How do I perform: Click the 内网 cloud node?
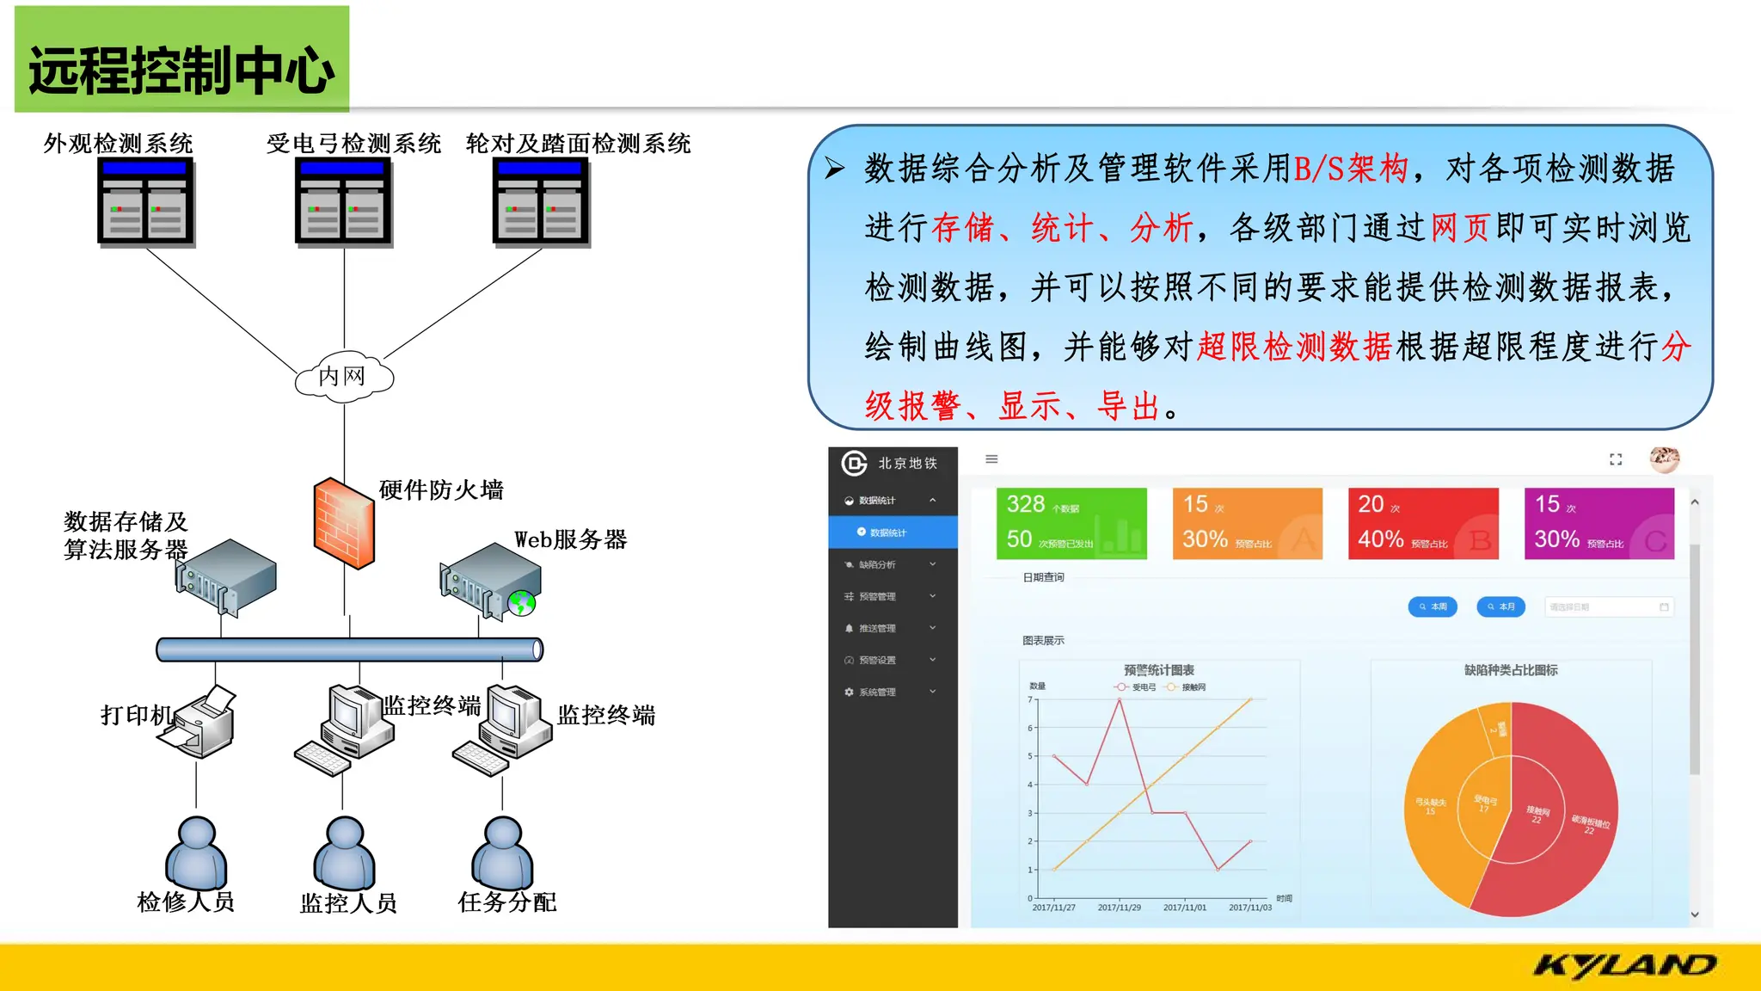pyautogui.click(x=344, y=376)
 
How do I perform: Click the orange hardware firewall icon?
pyautogui.click(x=344, y=523)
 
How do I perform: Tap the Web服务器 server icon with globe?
pyautogui.click(x=491, y=581)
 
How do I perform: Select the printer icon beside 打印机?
pyautogui.click(x=203, y=722)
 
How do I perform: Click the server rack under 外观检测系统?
pyautogui.click(x=145, y=203)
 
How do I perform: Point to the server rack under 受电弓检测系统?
pyautogui.click(x=343, y=203)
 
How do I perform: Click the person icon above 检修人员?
pyautogui.click(x=196, y=853)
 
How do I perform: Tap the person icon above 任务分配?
pyautogui.click(x=503, y=853)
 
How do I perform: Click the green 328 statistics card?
pyautogui.click(x=1071, y=523)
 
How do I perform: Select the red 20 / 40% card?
pyautogui.click(x=1423, y=523)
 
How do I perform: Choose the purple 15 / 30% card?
pyautogui.click(x=1599, y=523)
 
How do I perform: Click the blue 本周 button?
pyautogui.click(x=1433, y=606)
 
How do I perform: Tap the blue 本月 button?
pyautogui.click(x=1500, y=606)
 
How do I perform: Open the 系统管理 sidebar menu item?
pyautogui.click(x=877, y=692)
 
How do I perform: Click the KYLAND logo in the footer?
pyautogui.click(x=1624, y=966)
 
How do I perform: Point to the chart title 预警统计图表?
pyautogui.click(x=1158, y=669)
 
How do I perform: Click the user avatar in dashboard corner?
pyautogui.click(x=1664, y=459)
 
